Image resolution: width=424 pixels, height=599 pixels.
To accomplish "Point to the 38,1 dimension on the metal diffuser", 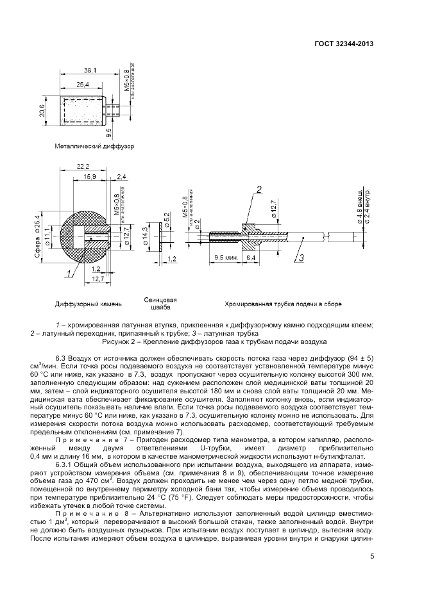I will pyautogui.click(x=90, y=70).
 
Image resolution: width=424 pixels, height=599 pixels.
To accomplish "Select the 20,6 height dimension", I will pyautogui.click(x=42, y=110).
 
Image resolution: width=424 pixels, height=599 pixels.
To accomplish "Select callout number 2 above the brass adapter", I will pyautogui.click(x=259, y=189).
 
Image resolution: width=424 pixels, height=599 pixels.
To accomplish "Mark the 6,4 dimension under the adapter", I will pyautogui.click(x=251, y=258).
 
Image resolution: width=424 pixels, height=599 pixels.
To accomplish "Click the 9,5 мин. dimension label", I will pyautogui.click(x=225, y=258).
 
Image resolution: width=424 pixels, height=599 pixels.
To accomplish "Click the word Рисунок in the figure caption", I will pyautogui.click(x=128, y=342).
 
